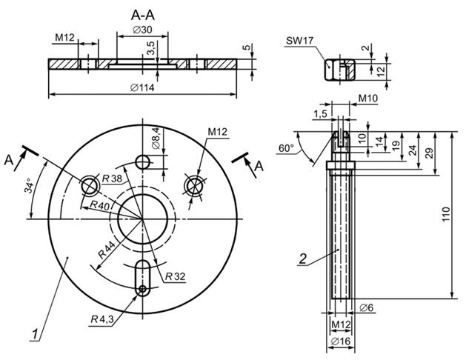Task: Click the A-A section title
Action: pos(142,16)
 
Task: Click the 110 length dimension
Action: pos(445,216)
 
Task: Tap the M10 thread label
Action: pos(368,98)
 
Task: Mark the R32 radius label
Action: pos(175,276)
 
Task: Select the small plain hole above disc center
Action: pos(143,161)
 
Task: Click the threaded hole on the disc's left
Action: pos(92,183)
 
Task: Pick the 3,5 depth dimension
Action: pos(150,50)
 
